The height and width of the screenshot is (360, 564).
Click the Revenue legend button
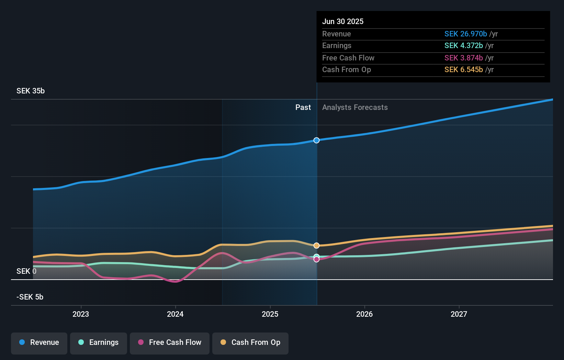(x=39, y=342)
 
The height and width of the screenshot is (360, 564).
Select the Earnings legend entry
(x=99, y=342)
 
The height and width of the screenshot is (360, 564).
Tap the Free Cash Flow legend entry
(x=170, y=342)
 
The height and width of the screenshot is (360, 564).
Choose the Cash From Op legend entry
(x=250, y=342)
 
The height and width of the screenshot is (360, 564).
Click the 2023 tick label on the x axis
(x=81, y=314)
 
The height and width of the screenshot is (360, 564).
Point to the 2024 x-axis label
(x=175, y=314)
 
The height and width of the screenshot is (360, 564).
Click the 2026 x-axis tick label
(x=364, y=314)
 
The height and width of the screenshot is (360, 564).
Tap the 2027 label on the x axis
(x=459, y=314)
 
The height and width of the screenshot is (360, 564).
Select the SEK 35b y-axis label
(x=31, y=91)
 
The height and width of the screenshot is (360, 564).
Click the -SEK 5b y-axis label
(x=30, y=297)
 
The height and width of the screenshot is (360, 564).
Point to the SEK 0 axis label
(x=26, y=271)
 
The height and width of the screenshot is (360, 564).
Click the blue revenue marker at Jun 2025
(x=316, y=140)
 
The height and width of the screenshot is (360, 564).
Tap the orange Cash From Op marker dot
(x=316, y=246)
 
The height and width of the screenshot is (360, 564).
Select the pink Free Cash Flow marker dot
(x=316, y=259)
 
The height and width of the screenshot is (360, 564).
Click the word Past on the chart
(x=303, y=108)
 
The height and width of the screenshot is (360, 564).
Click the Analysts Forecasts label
(x=355, y=108)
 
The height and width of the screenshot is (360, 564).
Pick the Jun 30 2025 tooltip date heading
(x=343, y=22)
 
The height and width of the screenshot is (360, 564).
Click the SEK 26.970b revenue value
(x=465, y=34)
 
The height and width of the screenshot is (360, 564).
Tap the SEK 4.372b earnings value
(x=463, y=46)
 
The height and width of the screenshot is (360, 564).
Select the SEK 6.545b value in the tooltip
(x=463, y=70)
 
